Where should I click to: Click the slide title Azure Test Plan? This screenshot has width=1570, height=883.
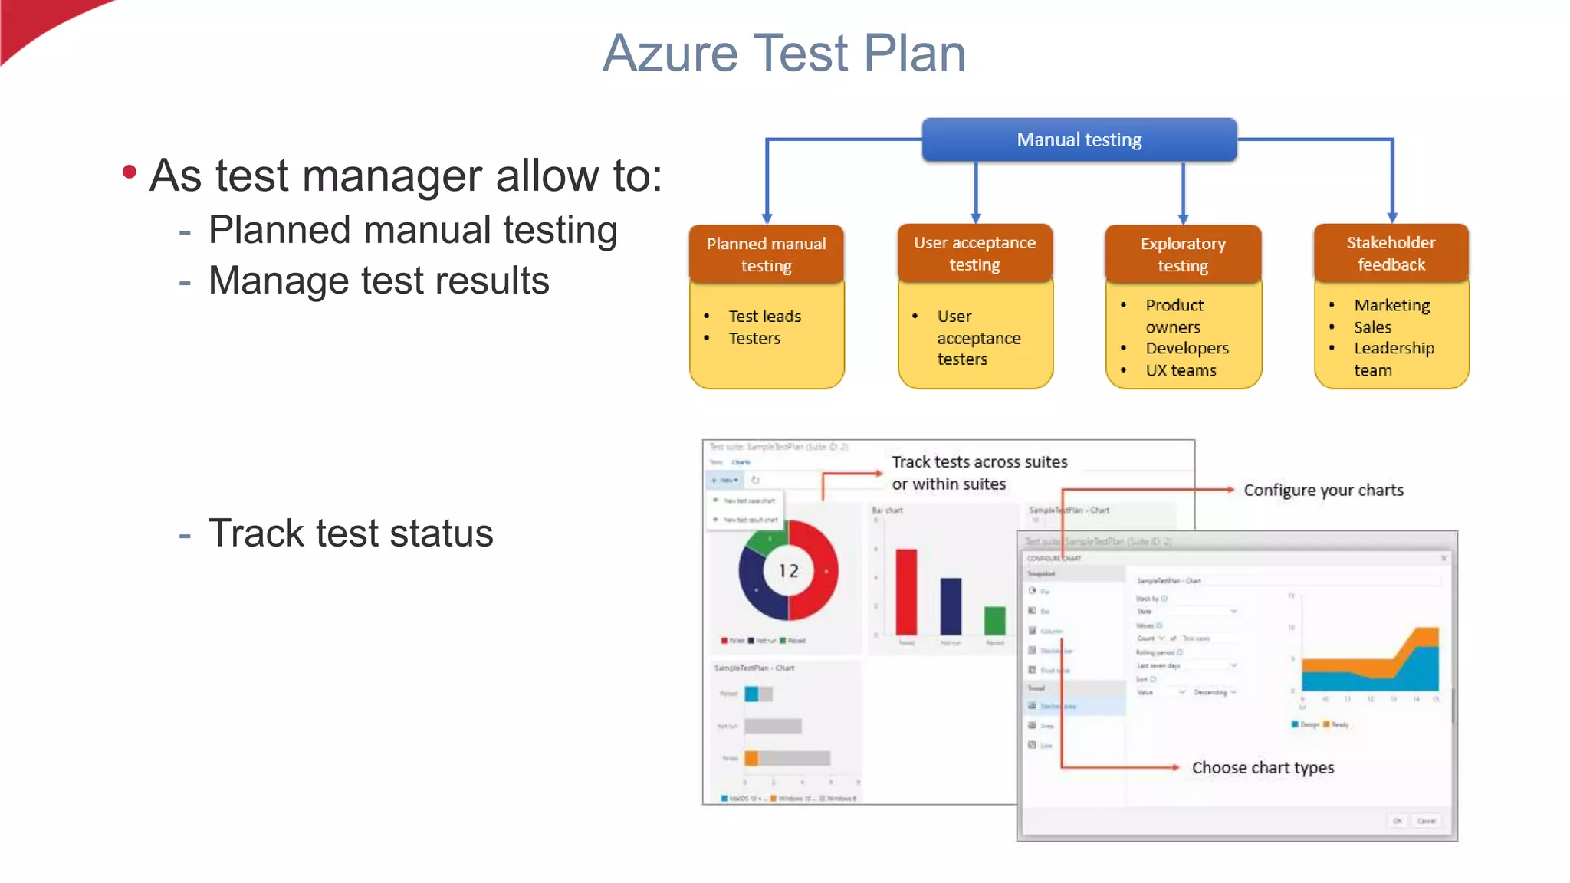783,54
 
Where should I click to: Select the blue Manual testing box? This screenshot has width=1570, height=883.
1079,140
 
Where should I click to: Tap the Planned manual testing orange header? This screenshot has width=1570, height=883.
766,254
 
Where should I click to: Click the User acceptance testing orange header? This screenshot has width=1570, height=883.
974,254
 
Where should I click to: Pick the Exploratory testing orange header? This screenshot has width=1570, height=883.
1183,254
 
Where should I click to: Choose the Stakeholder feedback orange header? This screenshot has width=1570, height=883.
1391,254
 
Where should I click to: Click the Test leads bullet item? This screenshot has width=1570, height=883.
764,316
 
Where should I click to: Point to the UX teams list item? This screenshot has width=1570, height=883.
1181,370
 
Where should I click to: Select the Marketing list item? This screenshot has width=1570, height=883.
1391,305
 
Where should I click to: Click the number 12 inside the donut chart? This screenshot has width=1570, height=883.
788,571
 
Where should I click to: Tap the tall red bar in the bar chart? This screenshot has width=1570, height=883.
906,592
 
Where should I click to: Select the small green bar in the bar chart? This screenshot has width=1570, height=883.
994,619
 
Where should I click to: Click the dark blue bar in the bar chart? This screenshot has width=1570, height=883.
951,606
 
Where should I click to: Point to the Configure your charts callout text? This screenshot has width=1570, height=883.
1323,490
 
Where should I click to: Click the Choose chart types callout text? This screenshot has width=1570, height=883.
1263,767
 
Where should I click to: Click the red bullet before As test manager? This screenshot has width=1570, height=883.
130,172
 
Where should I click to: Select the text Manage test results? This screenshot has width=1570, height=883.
379,281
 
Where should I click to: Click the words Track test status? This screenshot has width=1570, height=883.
350,533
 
